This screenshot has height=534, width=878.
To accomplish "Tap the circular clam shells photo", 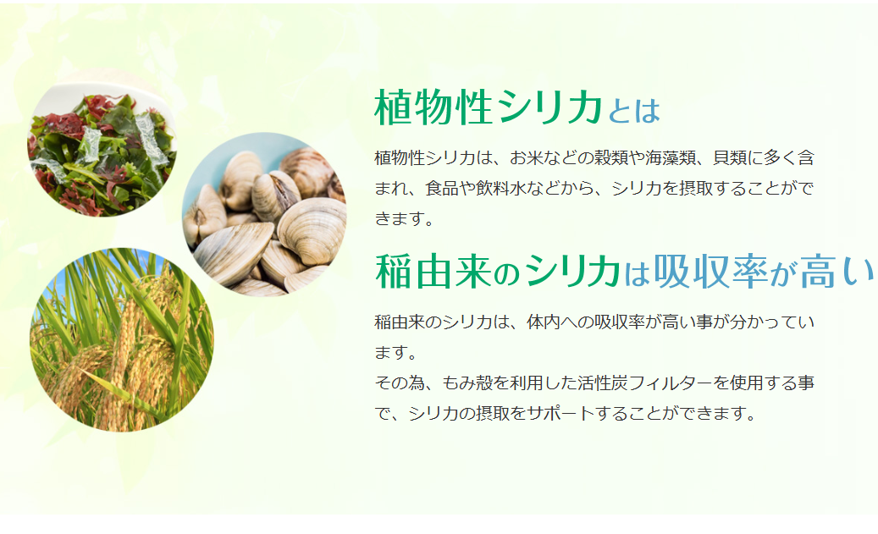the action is tap(264, 214).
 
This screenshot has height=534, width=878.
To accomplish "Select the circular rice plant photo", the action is tap(122, 339).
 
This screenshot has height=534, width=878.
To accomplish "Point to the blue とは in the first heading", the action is tap(634, 110).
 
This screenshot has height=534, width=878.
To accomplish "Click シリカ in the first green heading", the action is tap(549, 107).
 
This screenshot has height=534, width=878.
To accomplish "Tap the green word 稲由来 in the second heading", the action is tap(433, 272).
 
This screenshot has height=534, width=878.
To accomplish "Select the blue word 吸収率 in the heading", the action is tap(711, 272).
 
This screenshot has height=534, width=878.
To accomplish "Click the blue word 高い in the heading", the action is tap(837, 272).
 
